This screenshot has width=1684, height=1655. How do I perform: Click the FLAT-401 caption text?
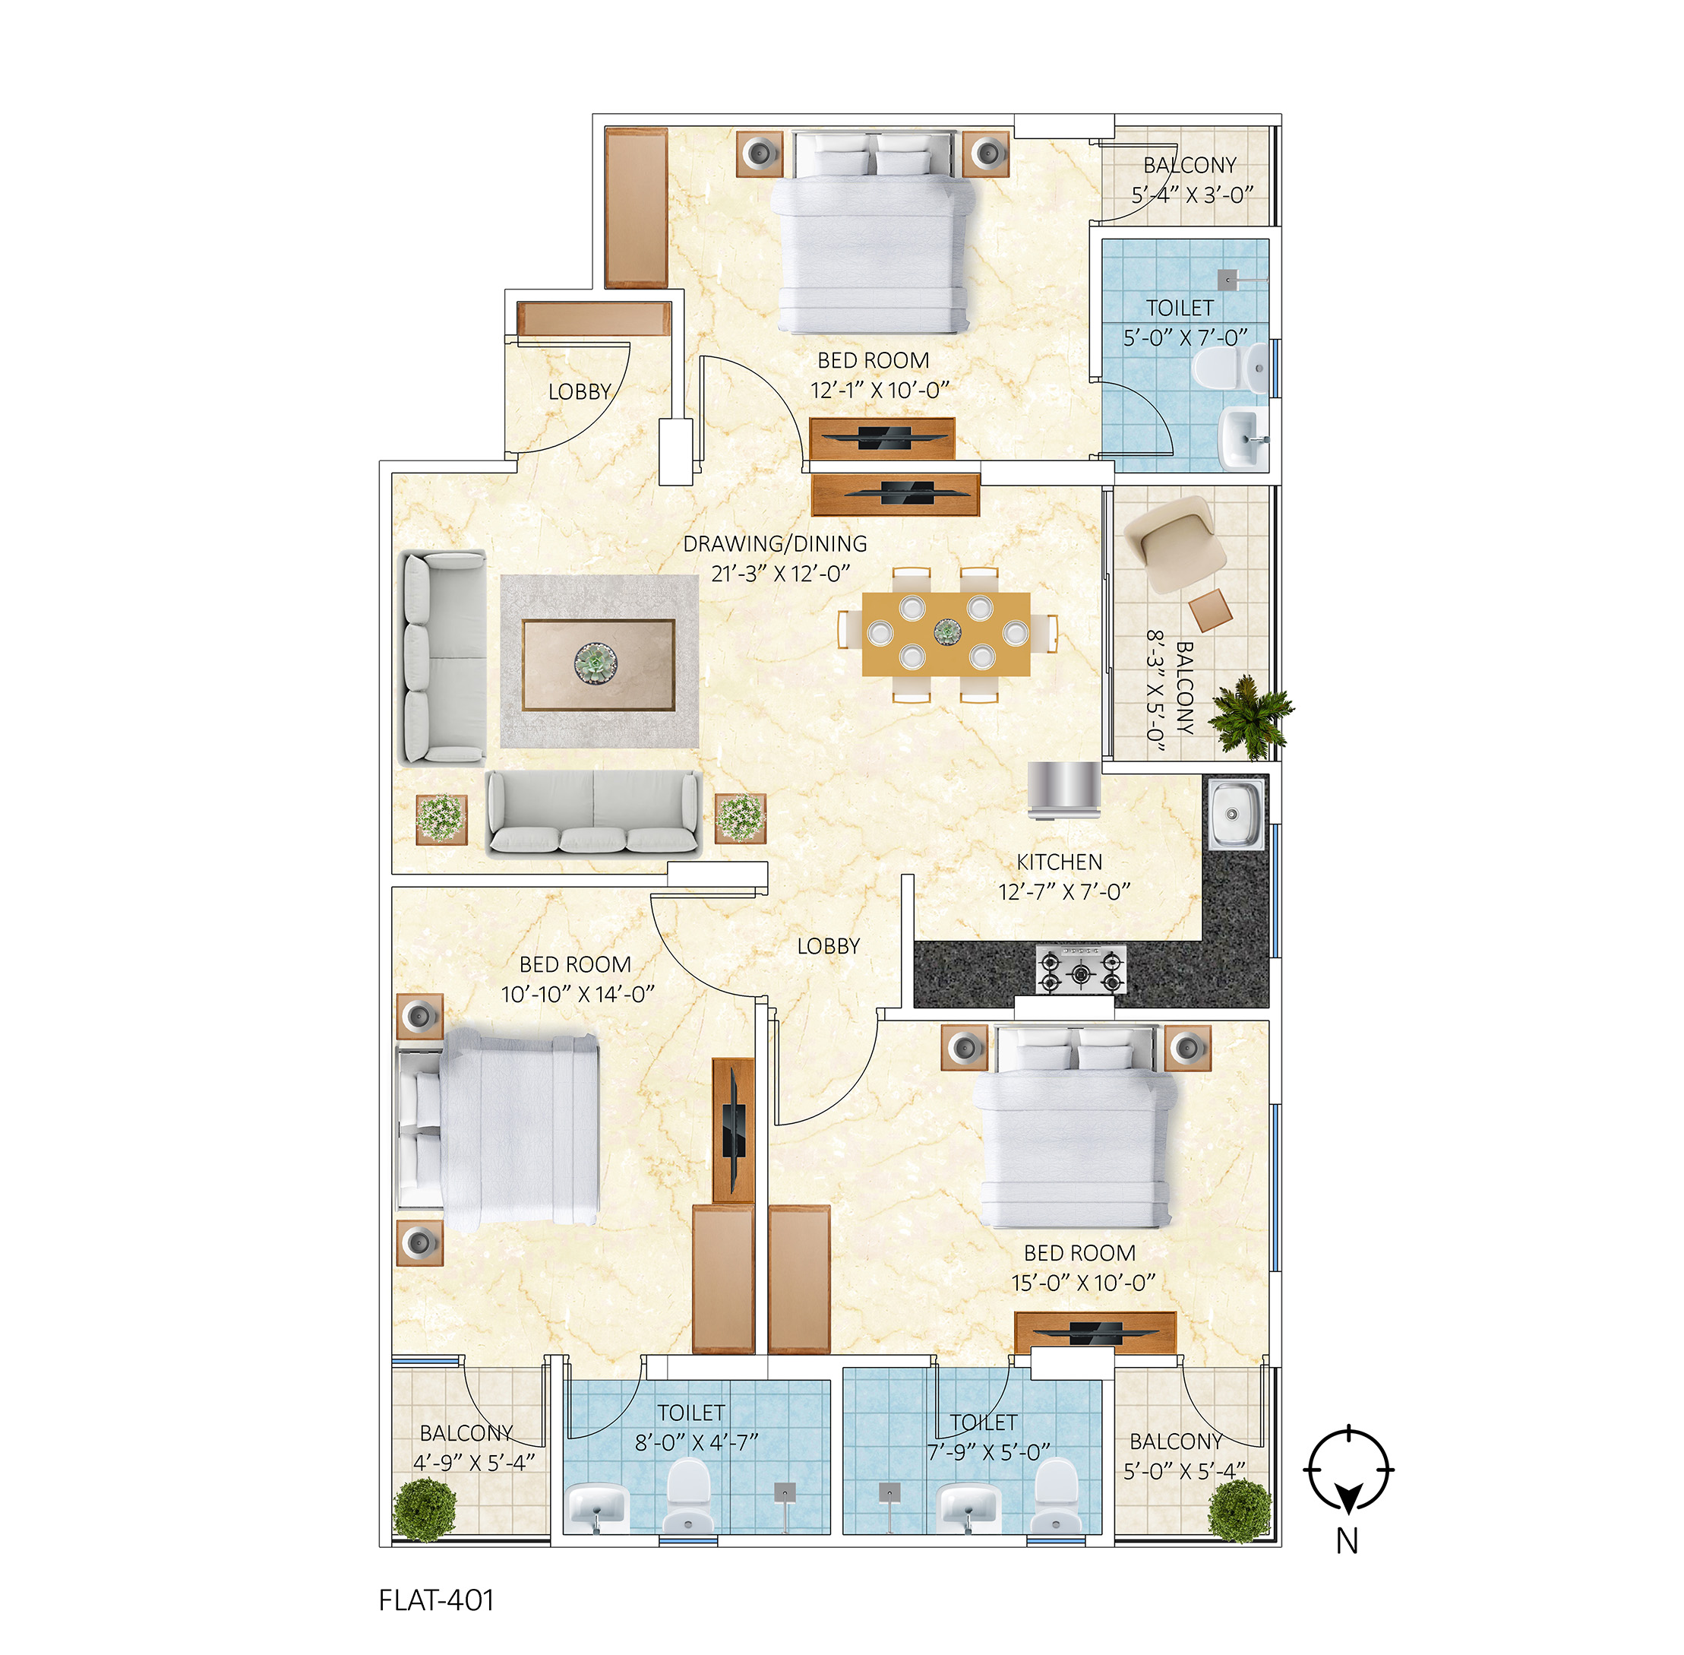click(x=436, y=1600)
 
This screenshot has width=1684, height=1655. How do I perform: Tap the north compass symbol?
click(x=1348, y=1470)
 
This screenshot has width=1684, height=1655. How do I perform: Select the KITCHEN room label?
click(x=1059, y=862)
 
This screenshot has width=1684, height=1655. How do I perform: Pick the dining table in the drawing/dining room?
click(x=946, y=634)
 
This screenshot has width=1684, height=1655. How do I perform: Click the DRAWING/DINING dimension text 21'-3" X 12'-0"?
click(x=780, y=574)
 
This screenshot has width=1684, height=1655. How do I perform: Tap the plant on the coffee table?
click(x=596, y=664)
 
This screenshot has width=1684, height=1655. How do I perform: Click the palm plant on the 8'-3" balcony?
click(x=1251, y=715)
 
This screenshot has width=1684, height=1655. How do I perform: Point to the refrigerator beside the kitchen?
click(x=1064, y=790)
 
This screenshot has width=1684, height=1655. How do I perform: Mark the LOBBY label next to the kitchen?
click(x=828, y=946)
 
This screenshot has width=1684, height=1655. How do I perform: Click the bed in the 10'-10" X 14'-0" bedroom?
click(x=499, y=1131)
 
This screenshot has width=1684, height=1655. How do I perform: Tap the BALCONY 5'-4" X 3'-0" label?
click(x=1191, y=180)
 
